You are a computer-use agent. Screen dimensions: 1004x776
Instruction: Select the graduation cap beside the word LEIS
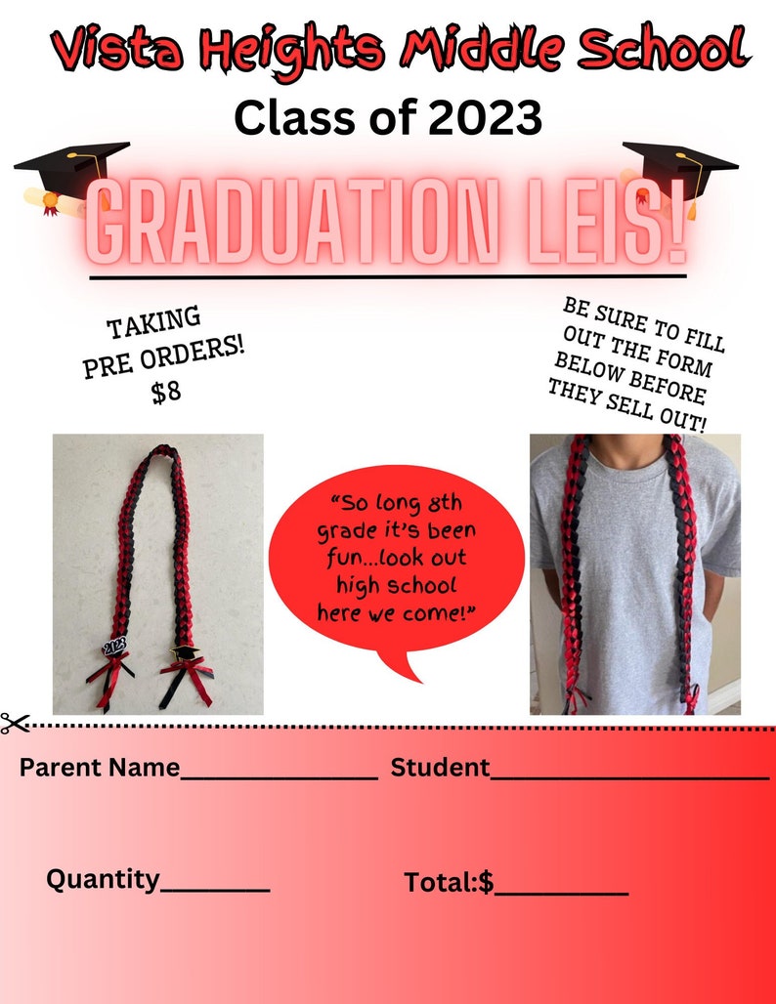681,169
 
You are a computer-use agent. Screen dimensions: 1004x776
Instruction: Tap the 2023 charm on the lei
114,646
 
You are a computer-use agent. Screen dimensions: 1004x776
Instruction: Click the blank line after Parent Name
279,776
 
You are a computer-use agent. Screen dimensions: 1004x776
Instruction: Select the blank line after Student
629,776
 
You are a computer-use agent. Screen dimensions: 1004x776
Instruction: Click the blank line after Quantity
215,890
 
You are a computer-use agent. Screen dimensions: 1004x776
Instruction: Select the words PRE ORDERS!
164,359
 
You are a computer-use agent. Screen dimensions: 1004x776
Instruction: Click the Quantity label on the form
103,879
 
